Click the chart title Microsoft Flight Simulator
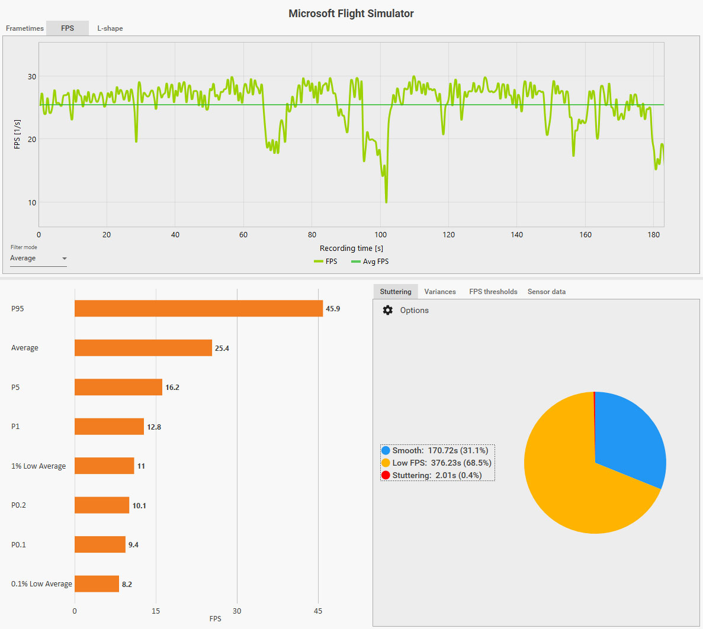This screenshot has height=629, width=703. pyautogui.click(x=351, y=14)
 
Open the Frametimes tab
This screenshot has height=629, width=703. pyautogui.click(x=25, y=28)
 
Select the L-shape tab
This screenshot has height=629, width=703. pyautogui.click(x=110, y=28)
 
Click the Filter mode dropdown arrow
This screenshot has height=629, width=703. pyautogui.click(x=65, y=259)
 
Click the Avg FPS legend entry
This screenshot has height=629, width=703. pyautogui.click(x=370, y=262)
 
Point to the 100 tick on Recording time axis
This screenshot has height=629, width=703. pyautogui.click(x=380, y=235)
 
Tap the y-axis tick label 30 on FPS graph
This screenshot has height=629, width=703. pyautogui.click(x=32, y=77)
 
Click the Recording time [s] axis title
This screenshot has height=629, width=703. pyautogui.click(x=351, y=249)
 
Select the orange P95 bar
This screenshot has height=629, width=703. pyautogui.click(x=198, y=309)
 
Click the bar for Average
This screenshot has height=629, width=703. pyautogui.click(x=143, y=348)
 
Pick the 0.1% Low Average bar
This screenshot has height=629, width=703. pyautogui.click(x=97, y=584)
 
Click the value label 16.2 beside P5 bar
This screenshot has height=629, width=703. pyautogui.click(x=172, y=388)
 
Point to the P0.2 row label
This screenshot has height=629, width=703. pyautogui.click(x=19, y=505)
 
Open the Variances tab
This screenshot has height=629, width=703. pyautogui.click(x=440, y=292)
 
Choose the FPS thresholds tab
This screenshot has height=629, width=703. pyautogui.click(x=493, y=292)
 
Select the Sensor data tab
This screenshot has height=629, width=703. pyautogui.click(x=547, y=292)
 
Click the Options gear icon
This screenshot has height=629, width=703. pyautogui.click(x=388, y=311)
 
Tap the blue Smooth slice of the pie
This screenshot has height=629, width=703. pyautogui.click(x=628, y=438)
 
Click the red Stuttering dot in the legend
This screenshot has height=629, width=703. pyautogui.click(x=386, y=475)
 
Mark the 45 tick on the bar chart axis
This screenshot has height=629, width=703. pyautogui.click(x=318, y=611)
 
